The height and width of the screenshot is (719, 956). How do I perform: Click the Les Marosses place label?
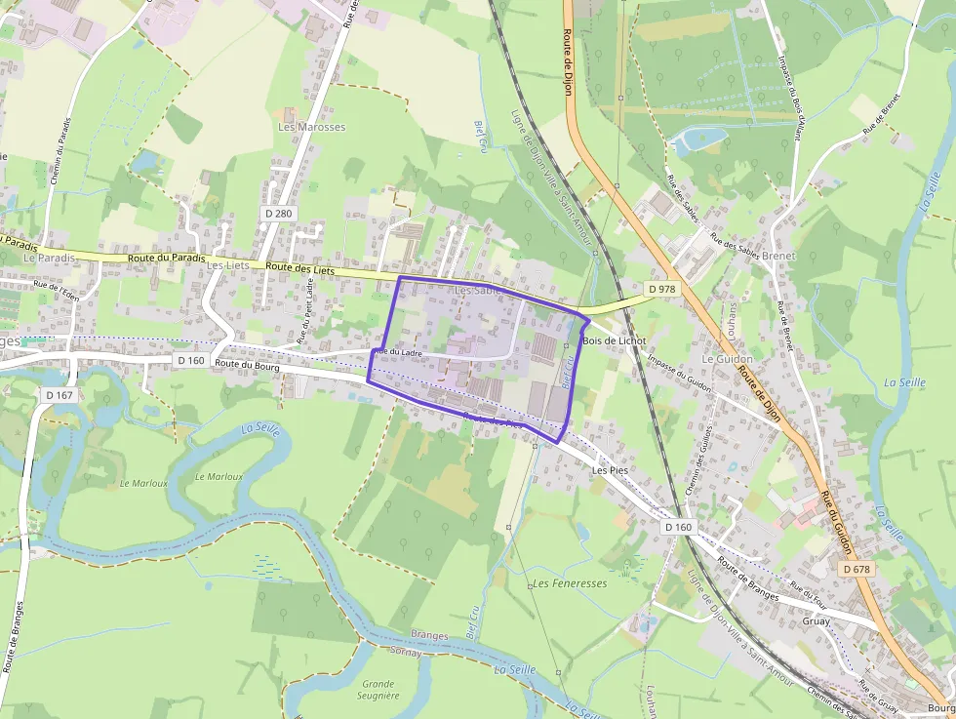312,128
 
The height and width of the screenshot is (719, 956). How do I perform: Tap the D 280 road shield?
279,213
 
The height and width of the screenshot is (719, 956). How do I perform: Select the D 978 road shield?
661,289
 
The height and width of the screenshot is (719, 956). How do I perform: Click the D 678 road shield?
856,569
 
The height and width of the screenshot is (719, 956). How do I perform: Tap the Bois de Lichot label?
614,340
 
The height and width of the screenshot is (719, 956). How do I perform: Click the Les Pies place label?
611,469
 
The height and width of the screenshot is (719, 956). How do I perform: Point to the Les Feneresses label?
571,583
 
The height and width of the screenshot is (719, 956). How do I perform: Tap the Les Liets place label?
228,264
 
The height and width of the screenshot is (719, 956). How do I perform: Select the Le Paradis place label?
49,258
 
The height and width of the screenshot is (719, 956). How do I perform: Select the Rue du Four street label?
808,592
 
